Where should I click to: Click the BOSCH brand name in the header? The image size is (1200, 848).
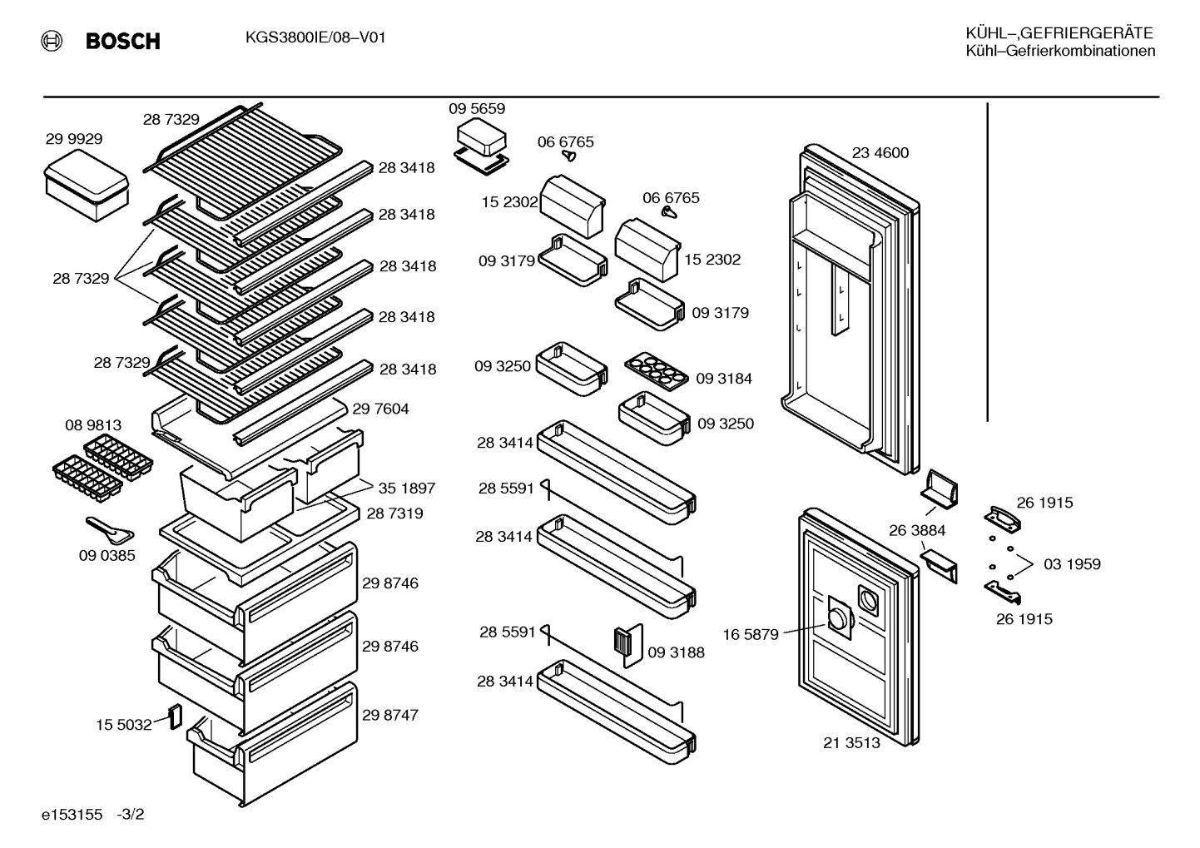(x=122, y=42)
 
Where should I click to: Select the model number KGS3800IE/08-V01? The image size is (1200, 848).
(x=315, y=37)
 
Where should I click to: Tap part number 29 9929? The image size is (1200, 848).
(x=74, y=139)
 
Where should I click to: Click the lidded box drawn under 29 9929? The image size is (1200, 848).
(x=87, y=185)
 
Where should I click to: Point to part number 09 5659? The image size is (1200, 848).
(x=477, y=109)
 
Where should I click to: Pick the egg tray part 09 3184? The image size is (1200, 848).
(x=657, y=370)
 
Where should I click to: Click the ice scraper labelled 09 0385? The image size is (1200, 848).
(x=110, y=529)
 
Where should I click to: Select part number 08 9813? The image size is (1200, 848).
(x=93, y=425)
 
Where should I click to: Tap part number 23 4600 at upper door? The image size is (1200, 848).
(x=880, y=153)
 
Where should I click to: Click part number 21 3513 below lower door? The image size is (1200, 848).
(x=852, y=742)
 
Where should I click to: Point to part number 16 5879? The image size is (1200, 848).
(x=751, y=634)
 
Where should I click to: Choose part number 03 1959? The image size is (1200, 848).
(x=1072, y=563)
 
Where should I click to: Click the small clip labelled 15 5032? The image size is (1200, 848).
(x=176, y=717)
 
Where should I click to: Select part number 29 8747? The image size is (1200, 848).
(x=390, y=715)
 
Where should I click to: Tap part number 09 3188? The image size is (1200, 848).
(x=676, y=652)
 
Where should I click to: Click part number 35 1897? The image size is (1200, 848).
(x=407, y=488)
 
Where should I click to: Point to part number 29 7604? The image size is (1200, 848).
(x=380, y=409)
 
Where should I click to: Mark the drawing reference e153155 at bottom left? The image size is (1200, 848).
(x=72, y=814)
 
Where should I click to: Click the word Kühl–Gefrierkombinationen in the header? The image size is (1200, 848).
(x=1060, y=52)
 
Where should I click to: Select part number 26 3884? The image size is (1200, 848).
(x=917, y=530)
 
